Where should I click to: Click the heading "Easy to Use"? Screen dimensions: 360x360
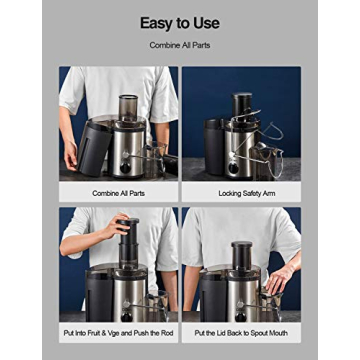tap(179, 22)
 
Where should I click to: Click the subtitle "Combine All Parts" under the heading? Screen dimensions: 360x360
tap(179, 47)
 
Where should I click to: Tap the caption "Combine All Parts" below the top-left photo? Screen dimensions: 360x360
tap(118, 193)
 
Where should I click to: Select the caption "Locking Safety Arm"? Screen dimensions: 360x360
tap(241, 193)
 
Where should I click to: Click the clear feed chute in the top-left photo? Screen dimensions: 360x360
tap(128, 108)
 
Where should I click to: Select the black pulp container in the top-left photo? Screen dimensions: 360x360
tap(95, 146)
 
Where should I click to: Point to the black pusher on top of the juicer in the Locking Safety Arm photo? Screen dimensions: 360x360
tap(243, 104)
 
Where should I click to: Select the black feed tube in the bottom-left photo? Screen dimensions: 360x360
tap(128, 250)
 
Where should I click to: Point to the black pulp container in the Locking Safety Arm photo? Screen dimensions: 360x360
tap(214, 145)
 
